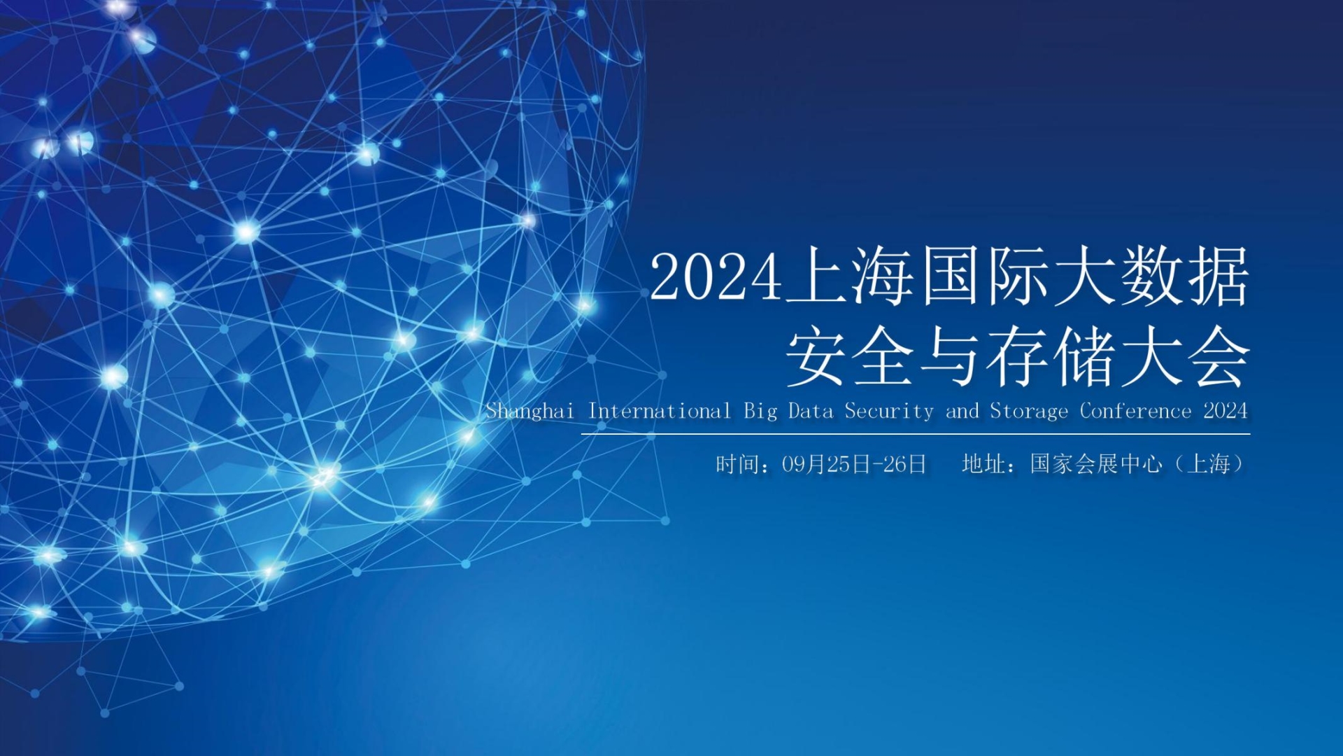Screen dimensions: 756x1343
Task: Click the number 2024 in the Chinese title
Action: click(x=715, y=278)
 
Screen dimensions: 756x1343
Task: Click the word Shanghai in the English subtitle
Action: click(x=530, y=411)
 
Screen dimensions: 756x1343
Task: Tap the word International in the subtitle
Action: click(x=659, y=411)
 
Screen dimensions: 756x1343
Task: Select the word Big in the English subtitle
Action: click(x=760, y=412)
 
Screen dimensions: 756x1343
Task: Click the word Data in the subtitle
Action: click(x=811, y=411)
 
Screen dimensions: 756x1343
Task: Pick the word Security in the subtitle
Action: click(x=888, y=412)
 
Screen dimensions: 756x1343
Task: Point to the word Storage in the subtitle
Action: click(x=1029, y=412)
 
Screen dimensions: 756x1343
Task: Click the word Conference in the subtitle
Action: click(x=1135, y=411)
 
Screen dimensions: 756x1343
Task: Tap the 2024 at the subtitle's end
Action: click(x=1225, y=411)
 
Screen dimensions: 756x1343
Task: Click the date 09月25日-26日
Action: click(x=854, y=464)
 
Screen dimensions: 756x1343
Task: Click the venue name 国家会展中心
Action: click(x=1095, y=464)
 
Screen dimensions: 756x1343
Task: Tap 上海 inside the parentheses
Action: click(x=1209, y=464)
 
